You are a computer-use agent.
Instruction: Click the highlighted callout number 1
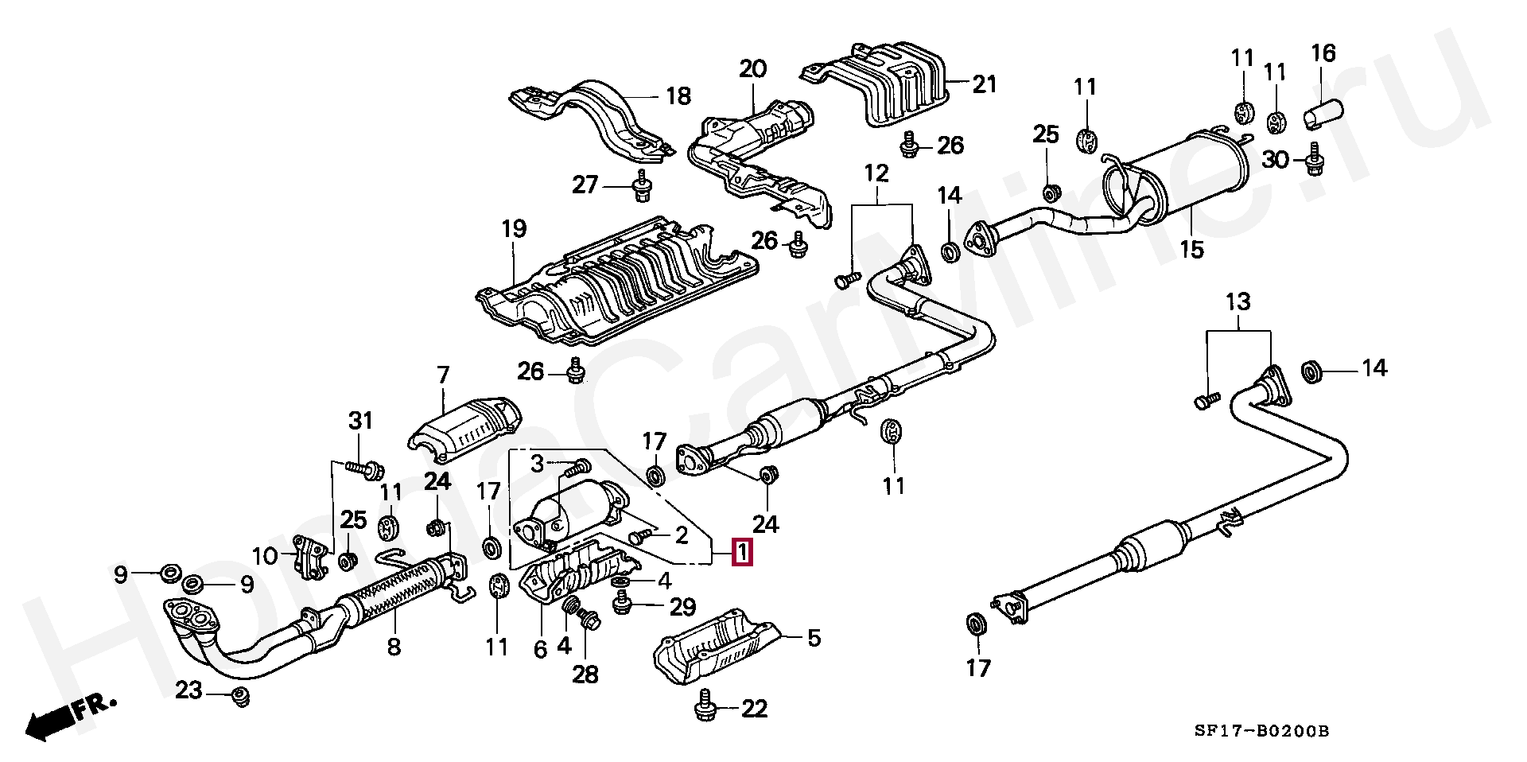click(x=741, y=552)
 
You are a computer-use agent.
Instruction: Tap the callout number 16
click(x=1323, y=53)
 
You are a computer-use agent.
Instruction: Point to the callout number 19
click(x=514, y=230)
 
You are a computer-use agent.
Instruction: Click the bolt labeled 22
click(x=705, y=706)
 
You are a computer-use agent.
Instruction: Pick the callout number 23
click(x=189, y=690)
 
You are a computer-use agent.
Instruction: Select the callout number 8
click(x=394, y=647)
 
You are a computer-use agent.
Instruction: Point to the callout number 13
click(x=1238, y=302)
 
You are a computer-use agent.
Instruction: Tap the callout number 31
click(x=361, y=420)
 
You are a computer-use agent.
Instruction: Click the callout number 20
click(x=752, y=68)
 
